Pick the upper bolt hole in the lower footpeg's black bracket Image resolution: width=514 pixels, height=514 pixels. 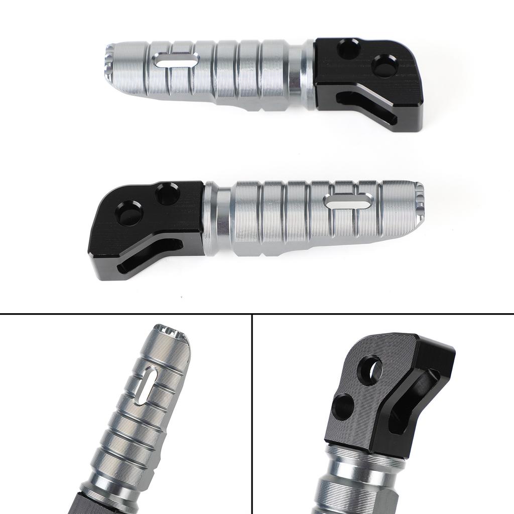coord(168,194)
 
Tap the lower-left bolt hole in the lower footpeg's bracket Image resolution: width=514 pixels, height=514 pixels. coord(128,213)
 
